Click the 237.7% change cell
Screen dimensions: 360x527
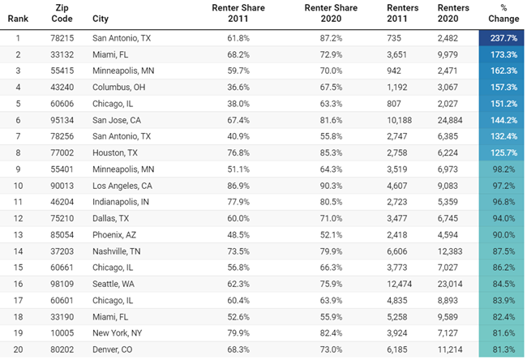[x=499, y=38]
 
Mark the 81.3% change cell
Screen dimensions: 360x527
[x=499, y=349]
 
